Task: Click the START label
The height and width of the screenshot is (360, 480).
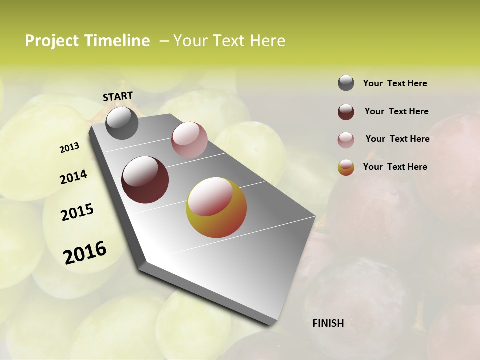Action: tap(118, 96)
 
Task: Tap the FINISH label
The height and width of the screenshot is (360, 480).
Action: tap(328, 323)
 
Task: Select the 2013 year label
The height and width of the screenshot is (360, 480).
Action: tap(70, 148)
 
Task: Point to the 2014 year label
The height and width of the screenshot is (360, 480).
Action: tap(74, 177)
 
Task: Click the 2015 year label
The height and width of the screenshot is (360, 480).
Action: tap(77, 212)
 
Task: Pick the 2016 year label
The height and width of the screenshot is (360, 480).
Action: tap(85, 252)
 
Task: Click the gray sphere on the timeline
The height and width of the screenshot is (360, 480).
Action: tap(122, 123)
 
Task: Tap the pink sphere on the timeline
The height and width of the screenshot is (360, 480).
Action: tap(189, 140)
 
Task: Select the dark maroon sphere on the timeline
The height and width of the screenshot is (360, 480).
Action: tap(145, 180)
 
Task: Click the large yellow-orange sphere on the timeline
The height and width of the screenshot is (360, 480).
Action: tap(216, 207)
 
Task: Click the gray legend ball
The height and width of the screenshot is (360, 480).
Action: tap(346, 83)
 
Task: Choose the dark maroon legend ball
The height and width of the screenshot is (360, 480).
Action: tap(346, 112)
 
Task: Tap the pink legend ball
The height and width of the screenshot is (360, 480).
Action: tap(346, 140)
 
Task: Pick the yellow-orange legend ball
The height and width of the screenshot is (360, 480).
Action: tap(346, 167)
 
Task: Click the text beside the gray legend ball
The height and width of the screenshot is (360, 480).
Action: tap(395, 83)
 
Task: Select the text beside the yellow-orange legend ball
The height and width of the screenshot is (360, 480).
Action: tap(395, 167)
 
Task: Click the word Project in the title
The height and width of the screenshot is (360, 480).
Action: tap(52, 41)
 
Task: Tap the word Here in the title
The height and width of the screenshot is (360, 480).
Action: tap(267, 41)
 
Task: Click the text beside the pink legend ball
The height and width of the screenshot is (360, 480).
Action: tap(397, 139)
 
